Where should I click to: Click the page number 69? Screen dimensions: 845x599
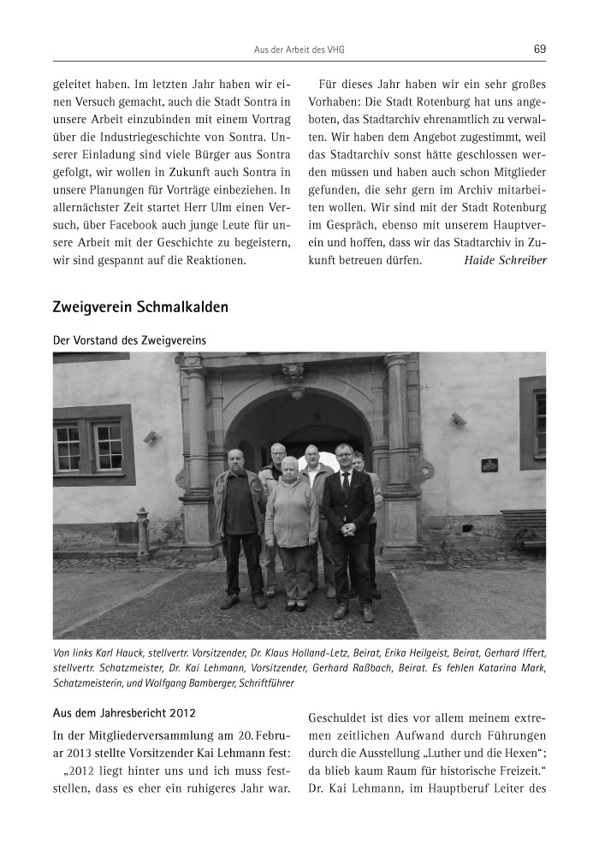(539, 49)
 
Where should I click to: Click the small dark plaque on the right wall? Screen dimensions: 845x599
(489, 464)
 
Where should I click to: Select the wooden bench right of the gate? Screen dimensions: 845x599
(523, 524)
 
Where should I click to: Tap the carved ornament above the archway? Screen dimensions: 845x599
(293, 374)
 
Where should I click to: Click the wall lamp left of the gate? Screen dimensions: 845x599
(150, 436)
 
